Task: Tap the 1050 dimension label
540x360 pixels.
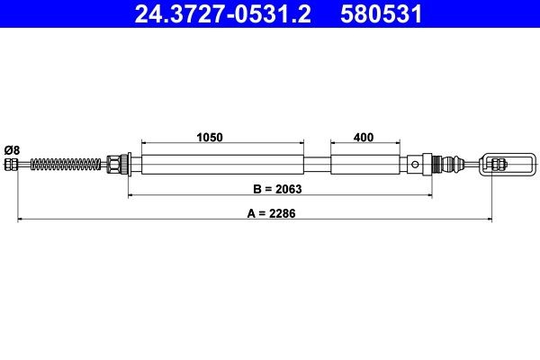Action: click(x=211, y=138)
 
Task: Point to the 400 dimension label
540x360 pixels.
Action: click(x=364, y=138)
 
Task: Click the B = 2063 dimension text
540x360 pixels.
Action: click(x=278, y=189)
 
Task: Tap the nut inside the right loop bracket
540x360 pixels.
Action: click(x=500, y=164)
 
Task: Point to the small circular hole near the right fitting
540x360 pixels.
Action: click(x=415, y=164)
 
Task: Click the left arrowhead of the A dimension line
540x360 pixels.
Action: click(x=21, y=220)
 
